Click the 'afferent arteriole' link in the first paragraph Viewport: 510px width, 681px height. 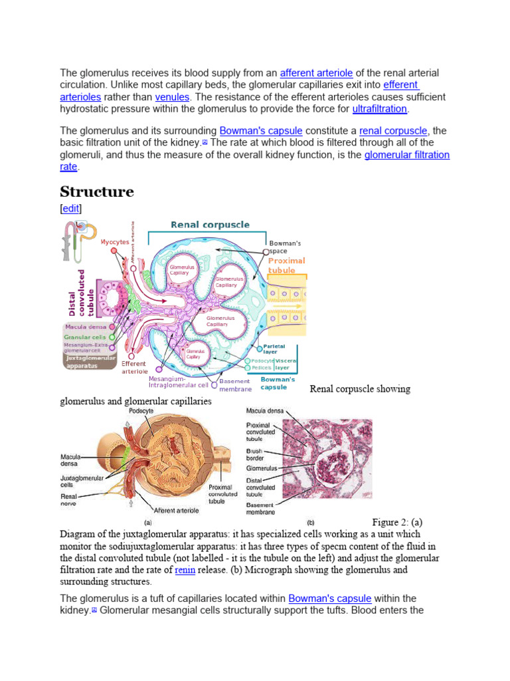click(316, 72)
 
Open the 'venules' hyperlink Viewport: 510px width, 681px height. click(172, 97)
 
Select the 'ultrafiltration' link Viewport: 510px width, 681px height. click(380, 109)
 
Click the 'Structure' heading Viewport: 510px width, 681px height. click(97, 192)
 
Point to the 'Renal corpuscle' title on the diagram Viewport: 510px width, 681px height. click(210, 225)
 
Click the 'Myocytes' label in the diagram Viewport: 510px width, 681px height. click(115, 242)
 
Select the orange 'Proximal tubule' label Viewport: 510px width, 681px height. click(286, 266)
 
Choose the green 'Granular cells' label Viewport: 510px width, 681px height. click(85, 337)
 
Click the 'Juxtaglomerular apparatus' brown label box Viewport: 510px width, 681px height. click(90, 362)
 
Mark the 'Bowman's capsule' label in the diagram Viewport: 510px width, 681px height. click(278, 383)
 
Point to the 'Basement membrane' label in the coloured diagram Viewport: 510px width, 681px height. click(235, 385)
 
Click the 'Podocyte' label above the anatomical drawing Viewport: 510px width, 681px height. click(141, 411)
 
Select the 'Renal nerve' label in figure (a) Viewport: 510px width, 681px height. click(68, 499)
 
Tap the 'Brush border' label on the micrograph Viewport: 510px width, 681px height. click(255, 454)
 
